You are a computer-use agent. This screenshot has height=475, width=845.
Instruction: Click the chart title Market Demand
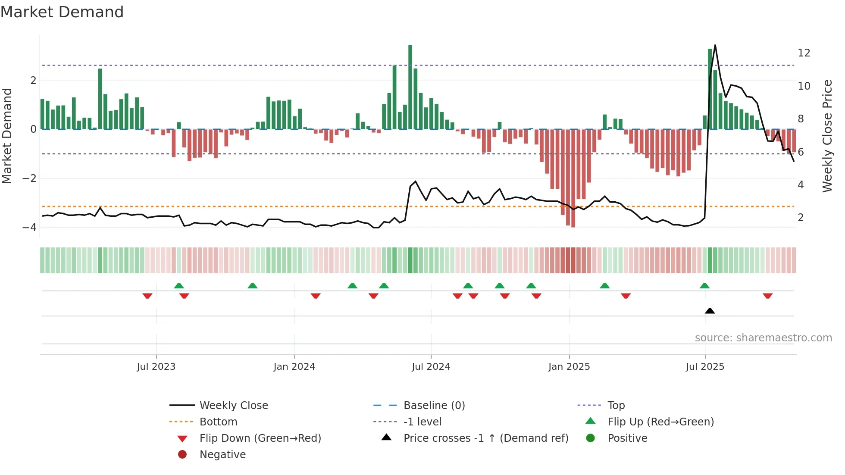[62, 12]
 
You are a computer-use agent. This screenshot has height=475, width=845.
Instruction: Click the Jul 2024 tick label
[431, 367]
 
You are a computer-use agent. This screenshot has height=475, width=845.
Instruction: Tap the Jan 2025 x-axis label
[569, 367]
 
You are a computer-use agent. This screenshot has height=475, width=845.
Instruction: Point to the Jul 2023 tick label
[156, 367]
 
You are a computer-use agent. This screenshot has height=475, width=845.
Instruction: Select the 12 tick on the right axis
[804, 53]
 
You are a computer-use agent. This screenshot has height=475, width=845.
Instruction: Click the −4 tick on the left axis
[29, 227]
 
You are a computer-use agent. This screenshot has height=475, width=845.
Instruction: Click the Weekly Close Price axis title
[827, 136]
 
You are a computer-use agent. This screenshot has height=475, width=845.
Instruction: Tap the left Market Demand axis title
[7, 136]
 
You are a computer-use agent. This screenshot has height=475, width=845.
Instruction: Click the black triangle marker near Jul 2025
[710, 311]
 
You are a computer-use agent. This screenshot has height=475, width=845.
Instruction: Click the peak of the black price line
[715, 46]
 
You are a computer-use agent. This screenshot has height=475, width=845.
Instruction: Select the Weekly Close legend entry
[233, 405]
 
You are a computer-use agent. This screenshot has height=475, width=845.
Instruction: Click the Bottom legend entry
[218, 422]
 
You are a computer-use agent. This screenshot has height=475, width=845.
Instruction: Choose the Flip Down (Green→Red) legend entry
[260, 438]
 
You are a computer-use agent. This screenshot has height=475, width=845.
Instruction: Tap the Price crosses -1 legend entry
[485, 438]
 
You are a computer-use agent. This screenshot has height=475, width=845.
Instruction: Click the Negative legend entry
[222, 454]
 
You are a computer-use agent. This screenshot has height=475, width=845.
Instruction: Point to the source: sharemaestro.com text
[763, 337]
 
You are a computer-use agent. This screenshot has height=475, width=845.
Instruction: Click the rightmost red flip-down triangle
[767, 296]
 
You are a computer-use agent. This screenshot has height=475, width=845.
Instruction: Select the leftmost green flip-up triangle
[179, 286]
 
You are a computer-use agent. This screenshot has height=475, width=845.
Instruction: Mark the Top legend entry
[616, 405]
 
